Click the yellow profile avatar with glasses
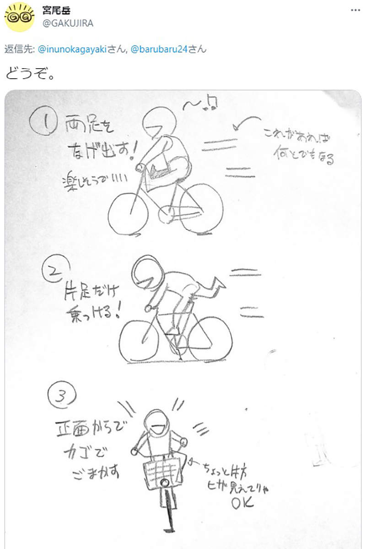click(19, 17)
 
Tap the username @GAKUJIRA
click(68, 23)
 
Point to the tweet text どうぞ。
click(30, 73)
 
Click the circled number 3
click(62, 396)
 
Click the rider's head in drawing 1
click(158, 121)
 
